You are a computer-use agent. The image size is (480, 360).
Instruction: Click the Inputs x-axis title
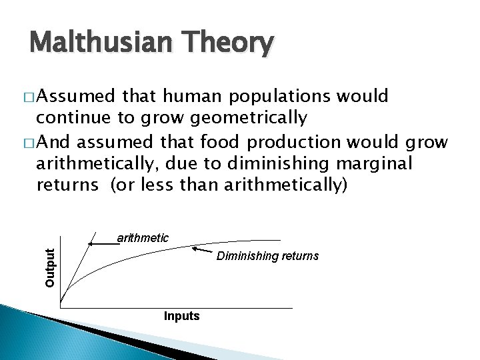pos(181,316)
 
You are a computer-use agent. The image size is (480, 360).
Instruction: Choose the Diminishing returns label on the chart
pos(267,256)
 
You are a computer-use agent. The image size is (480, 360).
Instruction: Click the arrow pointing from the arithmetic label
pos(103,245)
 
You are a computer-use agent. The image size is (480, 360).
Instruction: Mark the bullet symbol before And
pos(29,142)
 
